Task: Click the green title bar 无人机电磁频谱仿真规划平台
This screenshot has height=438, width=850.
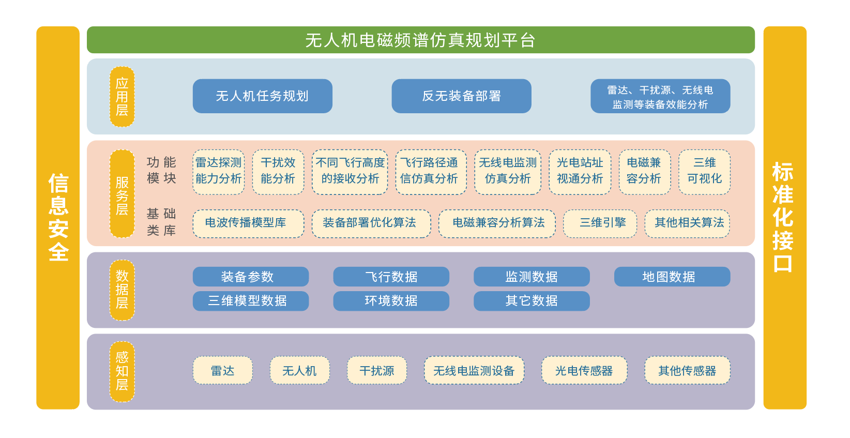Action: click(x=420, y=40)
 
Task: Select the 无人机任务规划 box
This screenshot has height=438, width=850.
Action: click(x=262, y=96)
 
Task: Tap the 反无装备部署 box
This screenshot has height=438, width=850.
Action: click(x=461, y=96)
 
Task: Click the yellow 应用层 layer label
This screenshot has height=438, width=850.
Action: click(x=122, y=97)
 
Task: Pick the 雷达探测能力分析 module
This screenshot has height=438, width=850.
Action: click(x=218, y=172)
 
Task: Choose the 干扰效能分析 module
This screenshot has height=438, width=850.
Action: click(x=278, y=172)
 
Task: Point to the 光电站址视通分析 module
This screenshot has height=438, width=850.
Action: click(x=580, y=172)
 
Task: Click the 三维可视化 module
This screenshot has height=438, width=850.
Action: click(x=704, y=172)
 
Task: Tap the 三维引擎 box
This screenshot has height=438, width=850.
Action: click(x=600, y=223)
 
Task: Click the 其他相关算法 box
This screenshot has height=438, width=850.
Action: click(x=687, y=223)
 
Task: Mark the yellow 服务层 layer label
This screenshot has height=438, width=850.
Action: click(x=122, y=194)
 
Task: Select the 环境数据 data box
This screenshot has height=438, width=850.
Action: click(x=391, y=301)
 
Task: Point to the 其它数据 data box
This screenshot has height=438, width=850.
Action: click(x=532, y=301)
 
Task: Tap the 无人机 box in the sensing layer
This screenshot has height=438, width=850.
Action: click(x=299, y=370)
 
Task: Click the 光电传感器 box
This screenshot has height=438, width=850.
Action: click(x=584, y=370)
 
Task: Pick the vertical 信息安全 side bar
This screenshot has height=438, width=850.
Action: click(x=58, y=218)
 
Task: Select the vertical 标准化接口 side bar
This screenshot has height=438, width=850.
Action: click(x=784, y=218)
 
